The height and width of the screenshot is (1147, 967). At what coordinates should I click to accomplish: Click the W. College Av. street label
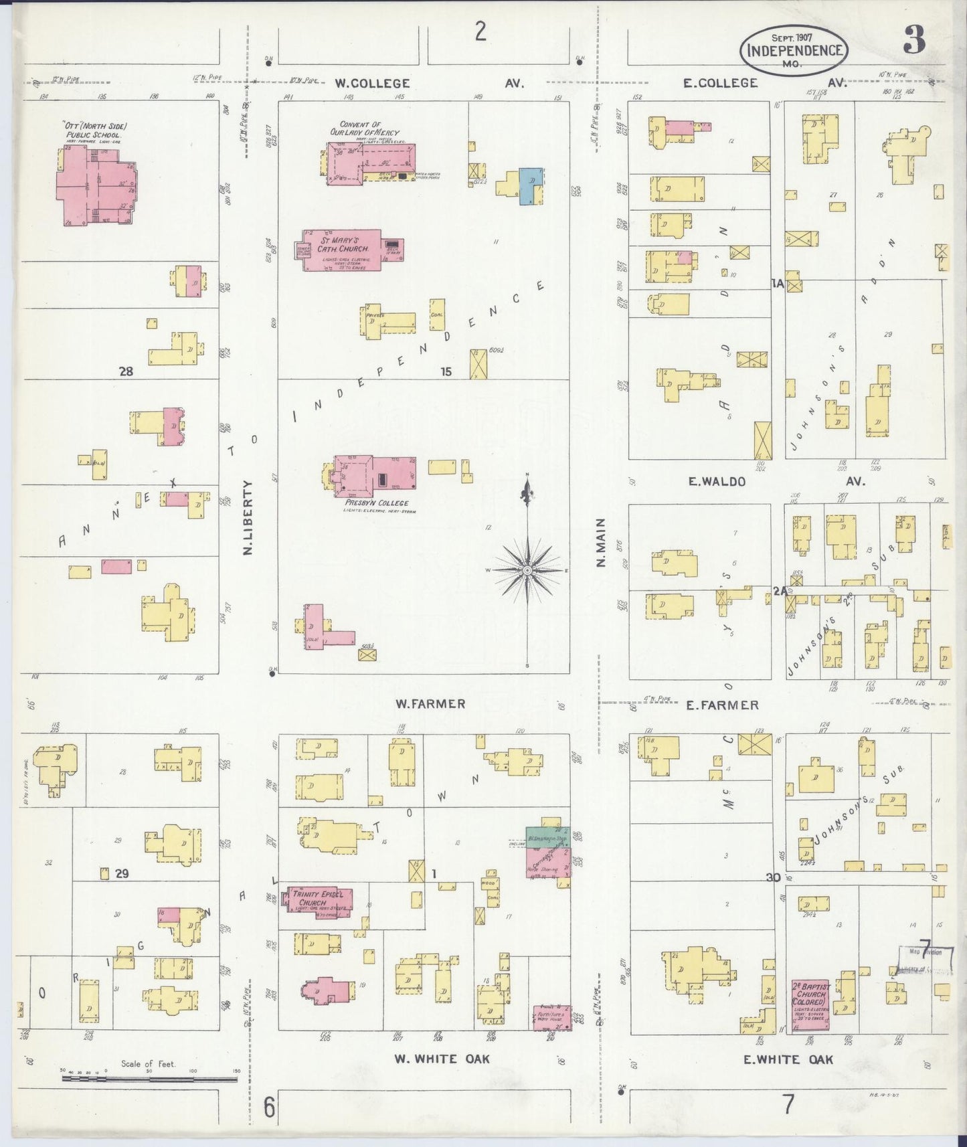pos(428,84)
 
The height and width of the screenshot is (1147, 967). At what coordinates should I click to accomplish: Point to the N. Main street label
pos(600,543)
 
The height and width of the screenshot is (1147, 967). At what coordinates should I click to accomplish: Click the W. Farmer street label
pos(430,703)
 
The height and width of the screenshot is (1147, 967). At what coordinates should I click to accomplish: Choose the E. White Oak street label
pos(788,1059)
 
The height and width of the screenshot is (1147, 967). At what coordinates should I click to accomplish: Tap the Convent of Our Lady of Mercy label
pos(369,128)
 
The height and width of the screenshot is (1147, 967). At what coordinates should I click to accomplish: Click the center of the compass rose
pos(527,569)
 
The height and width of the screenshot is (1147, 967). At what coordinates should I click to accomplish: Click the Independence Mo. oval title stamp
pos(794,50)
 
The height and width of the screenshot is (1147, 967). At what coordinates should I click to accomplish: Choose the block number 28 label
pos(126,371)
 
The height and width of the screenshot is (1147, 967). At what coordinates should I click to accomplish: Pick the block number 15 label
pos(446,371)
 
